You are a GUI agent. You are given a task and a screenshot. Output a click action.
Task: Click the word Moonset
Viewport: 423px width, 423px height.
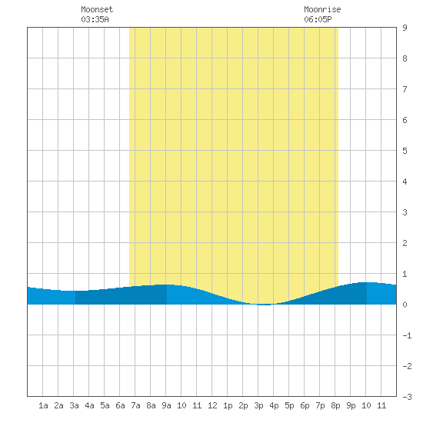pos(97,9)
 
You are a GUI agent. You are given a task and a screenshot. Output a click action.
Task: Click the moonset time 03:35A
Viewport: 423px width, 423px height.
pos(95,19)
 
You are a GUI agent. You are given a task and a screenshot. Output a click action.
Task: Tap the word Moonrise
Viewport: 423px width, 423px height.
pos(322,9)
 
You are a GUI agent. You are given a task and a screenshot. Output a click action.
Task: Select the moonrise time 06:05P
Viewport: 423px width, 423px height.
pos(318,19)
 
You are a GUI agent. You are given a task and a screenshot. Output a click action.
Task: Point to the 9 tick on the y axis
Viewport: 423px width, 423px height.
pos(405,28)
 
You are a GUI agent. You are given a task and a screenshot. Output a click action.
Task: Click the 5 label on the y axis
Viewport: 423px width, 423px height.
pos(405,151)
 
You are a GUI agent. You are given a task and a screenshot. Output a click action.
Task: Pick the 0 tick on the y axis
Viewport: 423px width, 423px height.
pos(405,305)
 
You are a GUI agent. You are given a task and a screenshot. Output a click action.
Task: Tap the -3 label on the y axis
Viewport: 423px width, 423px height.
pos(407,397)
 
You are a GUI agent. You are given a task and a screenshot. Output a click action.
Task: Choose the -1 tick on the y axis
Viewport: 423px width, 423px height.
pos(407,335)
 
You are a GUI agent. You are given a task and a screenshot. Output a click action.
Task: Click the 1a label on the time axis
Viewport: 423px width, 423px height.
pos(43,405)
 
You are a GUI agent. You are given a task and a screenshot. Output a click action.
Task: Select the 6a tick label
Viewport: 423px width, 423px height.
pos(120,405)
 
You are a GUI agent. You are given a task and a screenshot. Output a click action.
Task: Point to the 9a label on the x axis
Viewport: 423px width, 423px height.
pos(166,405)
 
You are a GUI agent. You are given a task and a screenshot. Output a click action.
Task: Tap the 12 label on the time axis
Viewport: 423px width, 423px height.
pos(212,405)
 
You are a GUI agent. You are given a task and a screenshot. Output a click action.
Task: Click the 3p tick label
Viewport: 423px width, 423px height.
pos(258,405)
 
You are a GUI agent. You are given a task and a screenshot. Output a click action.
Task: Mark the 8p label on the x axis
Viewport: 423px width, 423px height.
pos(335,405)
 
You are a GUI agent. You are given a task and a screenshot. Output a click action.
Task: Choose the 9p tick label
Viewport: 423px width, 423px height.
pos(351,405)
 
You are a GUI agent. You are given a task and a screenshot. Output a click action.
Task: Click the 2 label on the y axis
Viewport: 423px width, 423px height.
pos(405,243)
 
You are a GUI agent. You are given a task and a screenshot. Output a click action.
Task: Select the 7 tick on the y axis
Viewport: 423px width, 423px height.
pos(405,89)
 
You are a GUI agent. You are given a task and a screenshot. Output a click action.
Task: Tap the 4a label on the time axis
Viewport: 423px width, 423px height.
pos(89,405)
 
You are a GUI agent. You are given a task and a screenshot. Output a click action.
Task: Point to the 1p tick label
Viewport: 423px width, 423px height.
pos(228,405)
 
